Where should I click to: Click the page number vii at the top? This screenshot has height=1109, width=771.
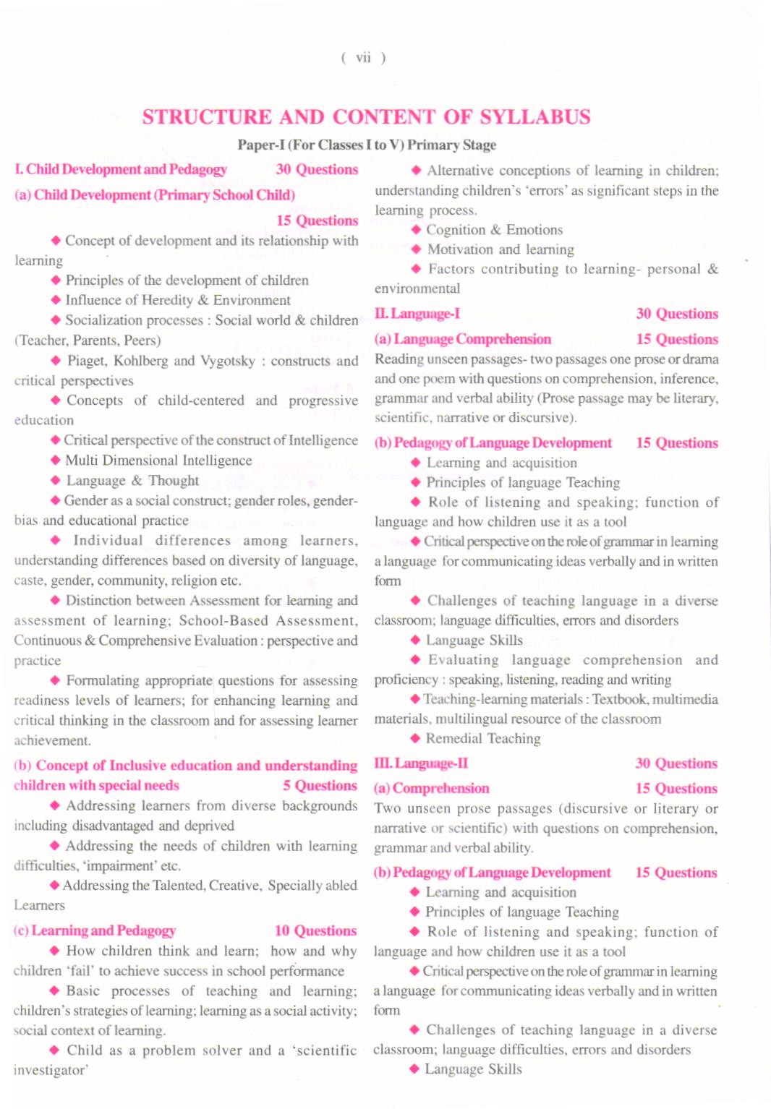(x=363, y=58)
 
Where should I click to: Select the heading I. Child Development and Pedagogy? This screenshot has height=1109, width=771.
(x=121, y=169)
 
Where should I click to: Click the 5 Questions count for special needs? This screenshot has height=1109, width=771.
(x=320, y=786)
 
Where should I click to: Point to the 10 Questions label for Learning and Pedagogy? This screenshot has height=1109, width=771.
(x=315, y=931)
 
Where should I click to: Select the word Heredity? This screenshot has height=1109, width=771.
(x=156, y=300)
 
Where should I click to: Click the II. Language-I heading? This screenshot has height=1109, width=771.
(x=417, y=314)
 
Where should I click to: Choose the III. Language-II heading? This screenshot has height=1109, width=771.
(x=421, y=763)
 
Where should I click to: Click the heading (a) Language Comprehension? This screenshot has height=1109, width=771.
(x=463, y=339)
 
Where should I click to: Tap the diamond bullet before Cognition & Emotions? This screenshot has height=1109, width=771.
(x=416, y=230)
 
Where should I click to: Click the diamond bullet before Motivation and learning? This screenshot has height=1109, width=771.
(x=416, y=249)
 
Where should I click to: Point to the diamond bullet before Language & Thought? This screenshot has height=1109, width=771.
(x=56, y=481)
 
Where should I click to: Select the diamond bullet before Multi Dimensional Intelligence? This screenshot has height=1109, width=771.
(x=56, y=461)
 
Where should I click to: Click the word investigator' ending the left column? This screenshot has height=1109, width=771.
(x=51, y=1070)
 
